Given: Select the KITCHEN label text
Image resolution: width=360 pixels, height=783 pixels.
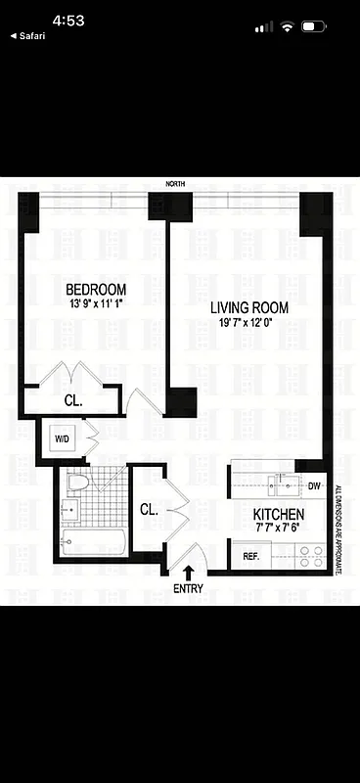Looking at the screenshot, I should click(x=279, y=515).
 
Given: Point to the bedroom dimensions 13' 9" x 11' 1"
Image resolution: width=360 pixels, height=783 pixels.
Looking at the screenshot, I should click(x=96, y=303).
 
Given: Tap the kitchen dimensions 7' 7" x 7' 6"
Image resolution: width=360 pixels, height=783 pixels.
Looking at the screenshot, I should click(x=279, y=529).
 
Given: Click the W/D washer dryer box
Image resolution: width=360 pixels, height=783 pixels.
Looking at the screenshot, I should click(x=60, y=437).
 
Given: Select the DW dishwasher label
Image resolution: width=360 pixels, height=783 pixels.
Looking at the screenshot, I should click(x=314, y=486).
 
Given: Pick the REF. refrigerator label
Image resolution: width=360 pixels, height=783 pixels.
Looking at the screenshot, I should click(x=250, y=557).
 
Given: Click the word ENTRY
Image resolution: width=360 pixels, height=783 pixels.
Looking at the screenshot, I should click(x=188, y=589).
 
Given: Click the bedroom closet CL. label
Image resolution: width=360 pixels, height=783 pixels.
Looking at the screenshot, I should click(x=73, y=400).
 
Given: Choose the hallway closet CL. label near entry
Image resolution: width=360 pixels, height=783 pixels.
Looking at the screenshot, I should click(x=149, y=510).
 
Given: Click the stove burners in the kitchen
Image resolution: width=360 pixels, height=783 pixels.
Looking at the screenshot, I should click(x=311, y=557).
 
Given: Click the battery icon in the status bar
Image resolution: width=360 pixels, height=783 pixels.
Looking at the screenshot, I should click(x=315, y=26).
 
